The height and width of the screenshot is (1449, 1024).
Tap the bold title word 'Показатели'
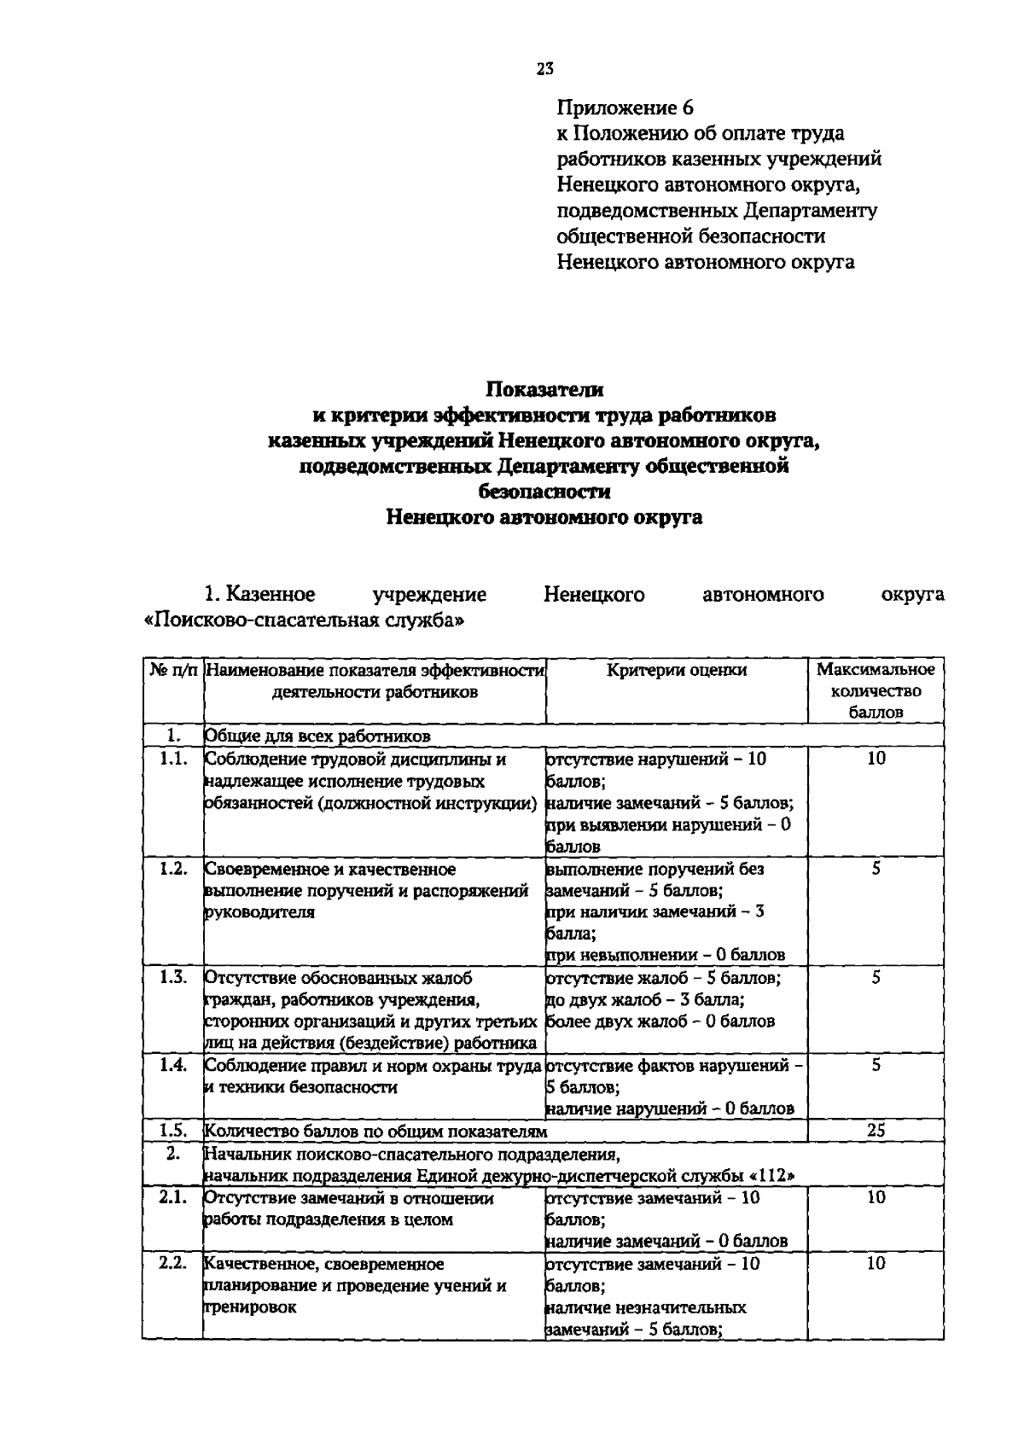click(x=544, y=389)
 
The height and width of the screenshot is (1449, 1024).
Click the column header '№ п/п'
click(x=173, y=671)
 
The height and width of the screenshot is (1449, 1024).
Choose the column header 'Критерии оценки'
click(x=677, y=671)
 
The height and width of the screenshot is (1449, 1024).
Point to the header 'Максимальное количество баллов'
click(x=876, y=691)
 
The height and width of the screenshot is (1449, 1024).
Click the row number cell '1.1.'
click(x=173, y=759)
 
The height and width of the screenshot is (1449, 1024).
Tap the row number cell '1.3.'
click(x=173, y=978)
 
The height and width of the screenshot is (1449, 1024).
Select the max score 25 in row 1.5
click(x=876, y=1131)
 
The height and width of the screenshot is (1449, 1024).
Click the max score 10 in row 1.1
click(x=876, y=759)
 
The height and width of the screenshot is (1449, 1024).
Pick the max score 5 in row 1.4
click(x=876, y=1066)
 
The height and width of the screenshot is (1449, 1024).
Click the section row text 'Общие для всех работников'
click(x=317, y=736)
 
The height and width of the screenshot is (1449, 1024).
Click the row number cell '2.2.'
click(x=173, y=1264)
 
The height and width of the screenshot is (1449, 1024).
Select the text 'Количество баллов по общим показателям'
click(x=375, y=1132)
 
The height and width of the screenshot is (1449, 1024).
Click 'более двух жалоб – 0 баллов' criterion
click(x=660, y=1021)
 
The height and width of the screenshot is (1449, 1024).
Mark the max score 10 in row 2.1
click(x=876, y=1198)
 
